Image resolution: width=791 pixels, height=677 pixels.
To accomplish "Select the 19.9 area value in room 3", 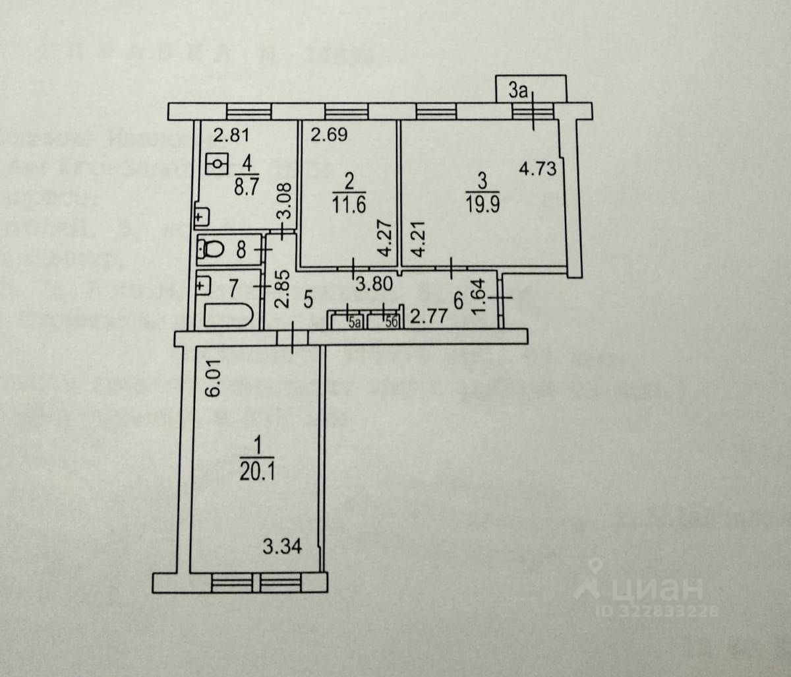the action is (482, 202).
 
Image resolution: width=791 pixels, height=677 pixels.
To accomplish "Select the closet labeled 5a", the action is (355, 322).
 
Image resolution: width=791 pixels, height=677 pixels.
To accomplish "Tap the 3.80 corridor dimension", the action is (372, 286).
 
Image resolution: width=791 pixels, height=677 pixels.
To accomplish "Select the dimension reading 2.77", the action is (428, 317).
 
